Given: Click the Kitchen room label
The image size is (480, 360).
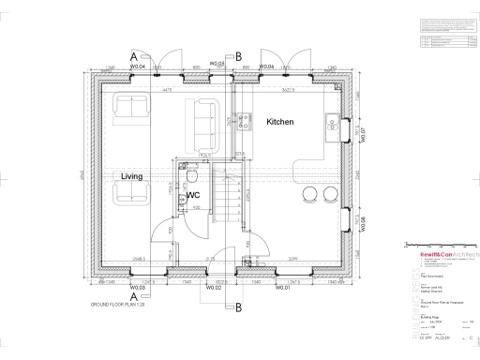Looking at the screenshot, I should [x=281, y=123].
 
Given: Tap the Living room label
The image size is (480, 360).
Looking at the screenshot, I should [x=132, y=175].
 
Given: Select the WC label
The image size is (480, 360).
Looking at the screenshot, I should [x=194, y=195].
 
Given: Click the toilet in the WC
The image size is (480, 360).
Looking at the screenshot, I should [x=190, y=175].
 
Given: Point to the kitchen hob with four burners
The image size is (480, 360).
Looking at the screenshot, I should [x=242, y=121].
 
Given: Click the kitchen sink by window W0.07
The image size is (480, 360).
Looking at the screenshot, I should [x=333, y=122].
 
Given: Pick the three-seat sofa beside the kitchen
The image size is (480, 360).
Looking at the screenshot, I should [x=202, y=117].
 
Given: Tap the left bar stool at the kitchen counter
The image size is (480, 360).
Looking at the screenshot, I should [x=309, y=194].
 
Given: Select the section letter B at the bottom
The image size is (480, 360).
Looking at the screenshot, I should [x=238, y=306].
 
